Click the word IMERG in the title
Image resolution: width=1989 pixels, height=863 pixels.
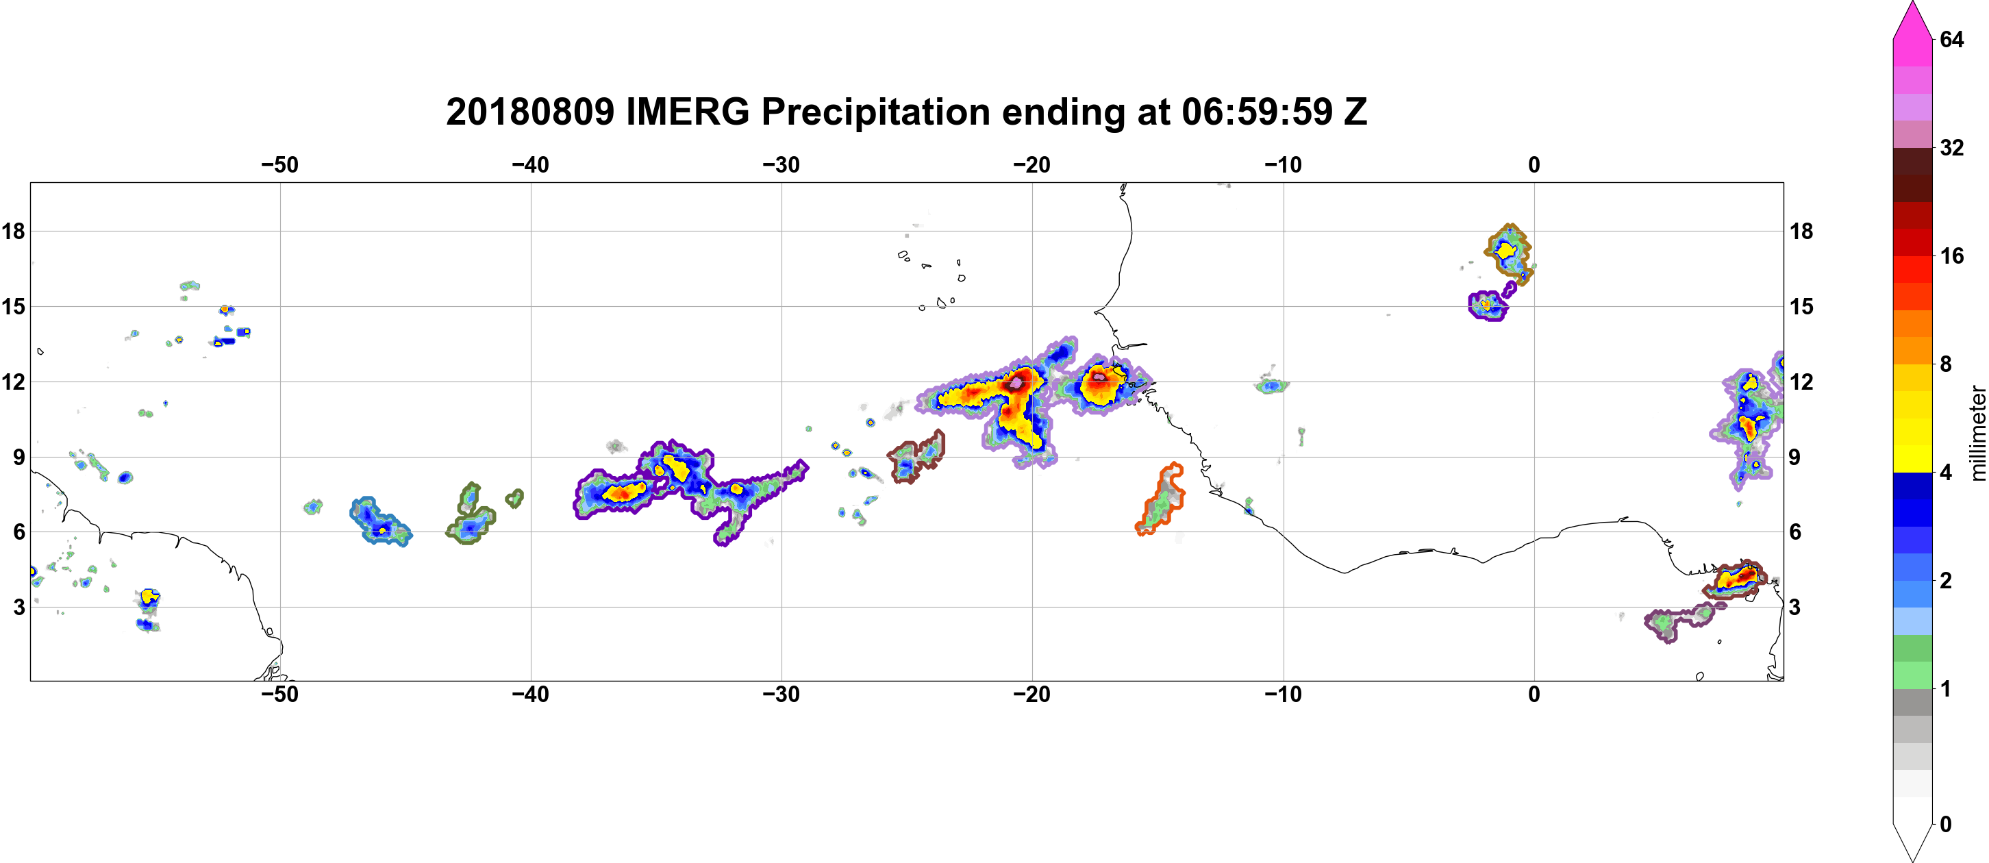tap(687, 112)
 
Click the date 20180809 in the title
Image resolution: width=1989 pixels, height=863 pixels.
tap(529, 112)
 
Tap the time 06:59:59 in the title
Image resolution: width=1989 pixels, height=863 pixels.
tap(1257, 112)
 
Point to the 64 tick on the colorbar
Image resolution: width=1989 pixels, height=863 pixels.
tap(1952, 39)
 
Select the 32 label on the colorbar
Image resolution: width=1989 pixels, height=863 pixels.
tap(1952, 147)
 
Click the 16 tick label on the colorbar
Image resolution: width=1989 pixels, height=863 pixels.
tap(1952, 255)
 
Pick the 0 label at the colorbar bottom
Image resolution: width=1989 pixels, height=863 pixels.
tap(1946, 825)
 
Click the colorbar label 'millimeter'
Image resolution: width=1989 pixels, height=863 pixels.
tap(1977, 433)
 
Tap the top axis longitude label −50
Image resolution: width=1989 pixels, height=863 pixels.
tap(279, 165)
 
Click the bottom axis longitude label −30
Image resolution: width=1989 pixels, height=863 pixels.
tap(781, 695)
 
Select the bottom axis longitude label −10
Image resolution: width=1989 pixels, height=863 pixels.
tap(1284, 695)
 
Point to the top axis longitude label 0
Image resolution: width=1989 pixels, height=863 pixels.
tap(1534, 165)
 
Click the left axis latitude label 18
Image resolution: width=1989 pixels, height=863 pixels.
tap(13, 231)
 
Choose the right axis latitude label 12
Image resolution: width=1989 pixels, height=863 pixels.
tap(1801, 382)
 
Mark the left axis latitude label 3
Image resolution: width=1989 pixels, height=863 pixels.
tap(18, 607)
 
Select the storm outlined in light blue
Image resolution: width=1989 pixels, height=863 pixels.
tap(380, 522)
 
